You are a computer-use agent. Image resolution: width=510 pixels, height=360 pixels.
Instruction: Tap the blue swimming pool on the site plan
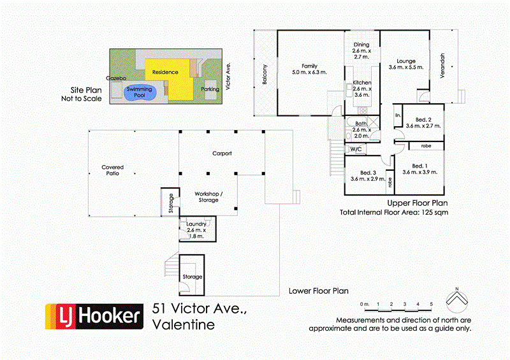138,93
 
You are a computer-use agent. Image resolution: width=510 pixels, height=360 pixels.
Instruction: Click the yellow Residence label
165,73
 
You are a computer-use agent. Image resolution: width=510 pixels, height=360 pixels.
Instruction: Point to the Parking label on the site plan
210,89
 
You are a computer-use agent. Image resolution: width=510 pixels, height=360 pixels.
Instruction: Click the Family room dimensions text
309,73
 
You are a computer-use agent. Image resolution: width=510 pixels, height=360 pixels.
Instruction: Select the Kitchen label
361,83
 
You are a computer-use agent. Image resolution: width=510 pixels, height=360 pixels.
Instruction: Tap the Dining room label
361,45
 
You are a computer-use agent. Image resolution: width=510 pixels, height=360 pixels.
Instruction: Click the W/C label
354,150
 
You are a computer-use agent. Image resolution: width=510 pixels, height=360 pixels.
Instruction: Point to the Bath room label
361,124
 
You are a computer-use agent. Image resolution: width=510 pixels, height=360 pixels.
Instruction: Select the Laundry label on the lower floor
196,224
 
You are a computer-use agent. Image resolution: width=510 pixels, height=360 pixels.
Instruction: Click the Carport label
222,154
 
